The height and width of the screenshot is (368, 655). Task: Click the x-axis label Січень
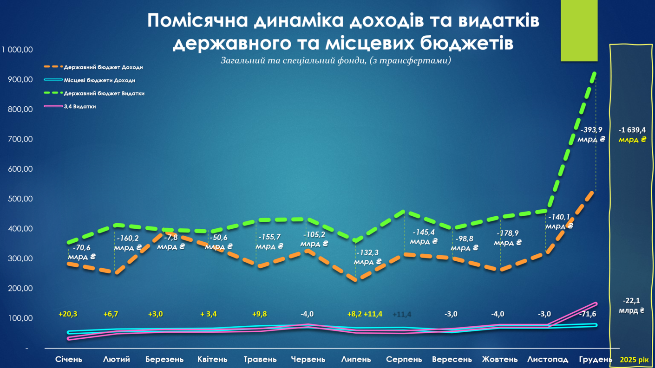point(69,359)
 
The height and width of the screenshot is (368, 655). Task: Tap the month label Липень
point(356,359)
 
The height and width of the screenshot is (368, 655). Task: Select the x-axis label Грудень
point(596,359)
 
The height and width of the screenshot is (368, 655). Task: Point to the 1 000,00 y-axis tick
point(17,50)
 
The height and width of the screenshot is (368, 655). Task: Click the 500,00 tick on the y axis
point(20,199)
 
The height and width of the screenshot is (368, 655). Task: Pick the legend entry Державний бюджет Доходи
point(103,67)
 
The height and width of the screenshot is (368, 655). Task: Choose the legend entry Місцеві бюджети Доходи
point(99,80)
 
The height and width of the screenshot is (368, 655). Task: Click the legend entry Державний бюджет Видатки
point(104,93)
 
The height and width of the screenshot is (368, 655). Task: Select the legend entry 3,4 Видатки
point(80,106)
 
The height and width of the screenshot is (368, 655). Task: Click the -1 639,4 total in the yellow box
point(632,130)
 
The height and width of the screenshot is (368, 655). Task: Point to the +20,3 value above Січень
point(68,314)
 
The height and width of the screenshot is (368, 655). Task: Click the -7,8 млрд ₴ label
point(170,242)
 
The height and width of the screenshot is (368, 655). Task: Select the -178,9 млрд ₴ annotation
point(508,238)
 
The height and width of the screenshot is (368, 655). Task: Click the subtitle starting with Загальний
point(336,60)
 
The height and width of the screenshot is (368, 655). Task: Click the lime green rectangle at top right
point(579,30)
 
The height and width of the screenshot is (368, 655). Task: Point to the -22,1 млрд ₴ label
point(631,305)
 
